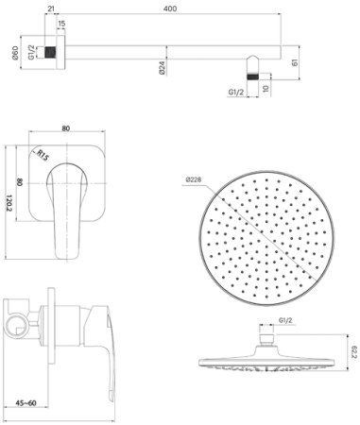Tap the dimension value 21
click(48, 8)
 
